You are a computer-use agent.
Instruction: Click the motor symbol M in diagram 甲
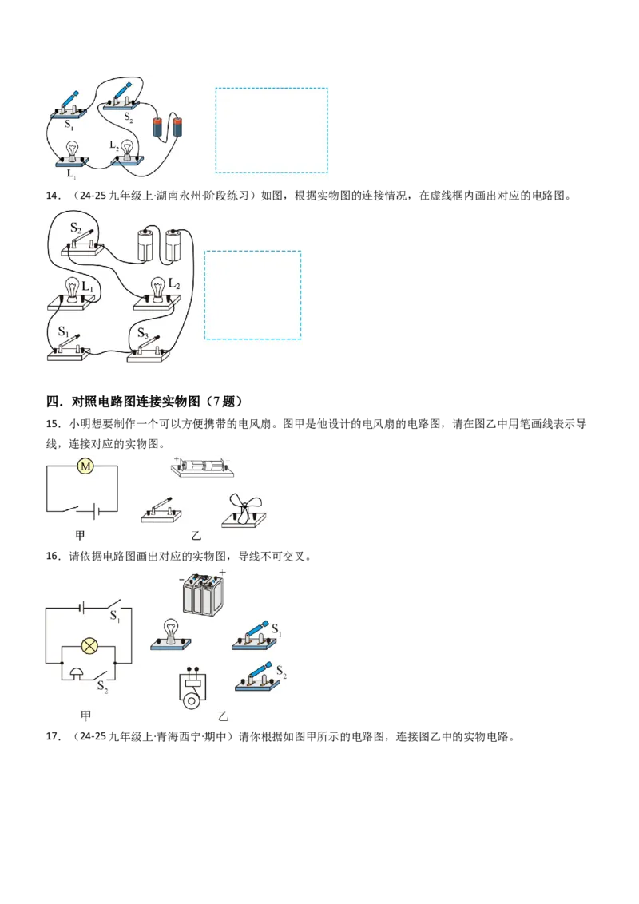pyautogui.click(x=85, y=466)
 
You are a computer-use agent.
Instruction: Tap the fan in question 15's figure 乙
pyautogui.click(x=244, y=511)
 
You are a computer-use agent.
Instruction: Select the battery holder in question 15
pyautogui.click(x=202, y=467)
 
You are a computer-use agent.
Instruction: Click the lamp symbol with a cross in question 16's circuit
pyautogui.click(x=89, y=646)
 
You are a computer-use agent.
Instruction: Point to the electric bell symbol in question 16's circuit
pyautogui.click(x=77, y=672)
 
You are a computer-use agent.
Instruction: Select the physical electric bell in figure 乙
pyautogui.click(x=192, y=688)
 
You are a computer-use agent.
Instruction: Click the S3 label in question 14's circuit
pyautogui.click(x=142, y=333)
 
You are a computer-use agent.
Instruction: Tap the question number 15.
pyautogui.click(x=53, y=424)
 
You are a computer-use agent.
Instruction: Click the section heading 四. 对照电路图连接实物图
pyautogui.click(x=145, y=401)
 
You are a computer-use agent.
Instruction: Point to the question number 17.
pyautogui.click(x=53, y=736)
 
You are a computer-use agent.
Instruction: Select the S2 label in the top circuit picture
pyautogui.click(x=128, y=117)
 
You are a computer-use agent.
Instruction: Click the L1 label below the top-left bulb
pyautogui.click(x=71, y=173)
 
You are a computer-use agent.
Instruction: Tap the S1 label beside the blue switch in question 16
pyautogui.click(x=276, y=629)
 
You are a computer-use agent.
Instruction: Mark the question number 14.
pyautogui.click(x=53, y=196)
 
